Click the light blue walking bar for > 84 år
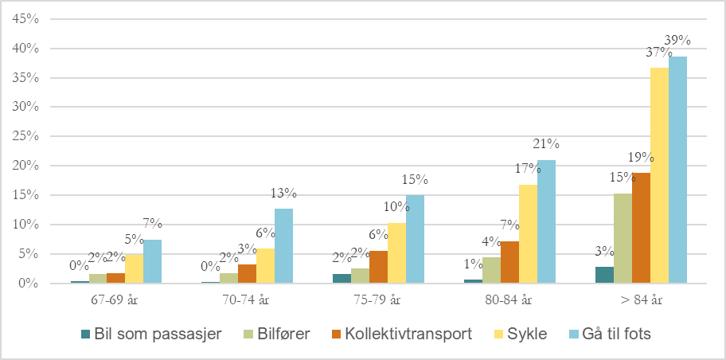click(x=677, y=170)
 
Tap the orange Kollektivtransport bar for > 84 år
click(x=641, y=228)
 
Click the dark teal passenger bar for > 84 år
click(x=605, y=275)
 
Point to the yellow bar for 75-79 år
click(x=396, y=253)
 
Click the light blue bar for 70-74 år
click(x=283, y=245)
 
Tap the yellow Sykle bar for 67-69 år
click(x=134, y=268)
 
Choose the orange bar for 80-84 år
click(x=509, y=262)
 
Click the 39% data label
click(x=678, y=40)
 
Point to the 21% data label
click(x=547, y=144)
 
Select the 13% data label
click(x=284, y=193)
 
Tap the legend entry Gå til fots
click(x=611, y=334)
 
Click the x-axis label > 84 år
click(x=641, y=300)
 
